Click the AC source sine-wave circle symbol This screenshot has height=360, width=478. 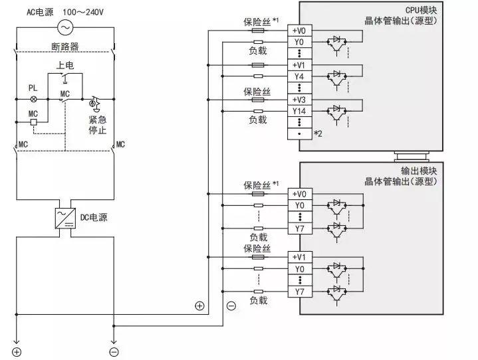click(65, 27)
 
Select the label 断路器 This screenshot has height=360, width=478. click(65, 46)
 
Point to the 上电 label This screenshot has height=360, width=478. click(65, 65)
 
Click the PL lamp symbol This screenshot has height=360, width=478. click(33, 98)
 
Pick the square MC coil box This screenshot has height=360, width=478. click(33, 124)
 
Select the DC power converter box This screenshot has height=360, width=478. click(65, 216)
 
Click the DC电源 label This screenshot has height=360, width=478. click(94, 216)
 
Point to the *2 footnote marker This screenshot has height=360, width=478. click(318, 134)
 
